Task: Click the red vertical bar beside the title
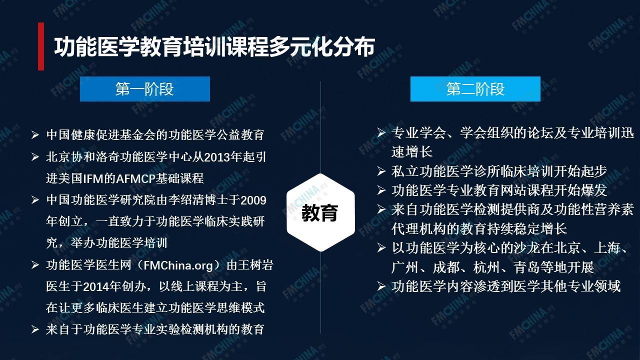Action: [x=41, y=46]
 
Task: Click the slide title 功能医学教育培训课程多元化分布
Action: [x=214, y=46]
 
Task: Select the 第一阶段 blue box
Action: [x=145, y=89]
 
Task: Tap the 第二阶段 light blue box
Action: [x=475, y=89]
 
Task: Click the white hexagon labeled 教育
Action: [x=320, y=212]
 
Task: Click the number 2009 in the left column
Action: [x=253, y=200]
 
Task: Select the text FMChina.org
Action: [x=178, y=265]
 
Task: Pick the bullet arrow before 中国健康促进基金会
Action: [x=35, y=134]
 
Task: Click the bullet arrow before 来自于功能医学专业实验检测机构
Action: [x=35, y=329]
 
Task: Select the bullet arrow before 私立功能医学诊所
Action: [x=381, y=171]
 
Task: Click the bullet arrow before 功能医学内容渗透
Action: [x=381, y=286]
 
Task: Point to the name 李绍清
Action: [x=186, y=200]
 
